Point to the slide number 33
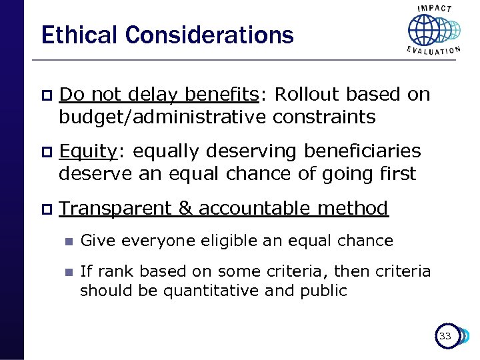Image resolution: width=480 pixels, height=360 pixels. (x=445, y=336)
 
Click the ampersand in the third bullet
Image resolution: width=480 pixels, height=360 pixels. (x=185, y=209)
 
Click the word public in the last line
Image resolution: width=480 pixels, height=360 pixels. (x=325, y=291)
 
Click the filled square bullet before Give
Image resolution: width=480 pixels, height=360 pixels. (x=67, y=241)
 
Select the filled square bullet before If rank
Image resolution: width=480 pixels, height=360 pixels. (x=67, y=273)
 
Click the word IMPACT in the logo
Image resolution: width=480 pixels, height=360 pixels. (x=435, y=9)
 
